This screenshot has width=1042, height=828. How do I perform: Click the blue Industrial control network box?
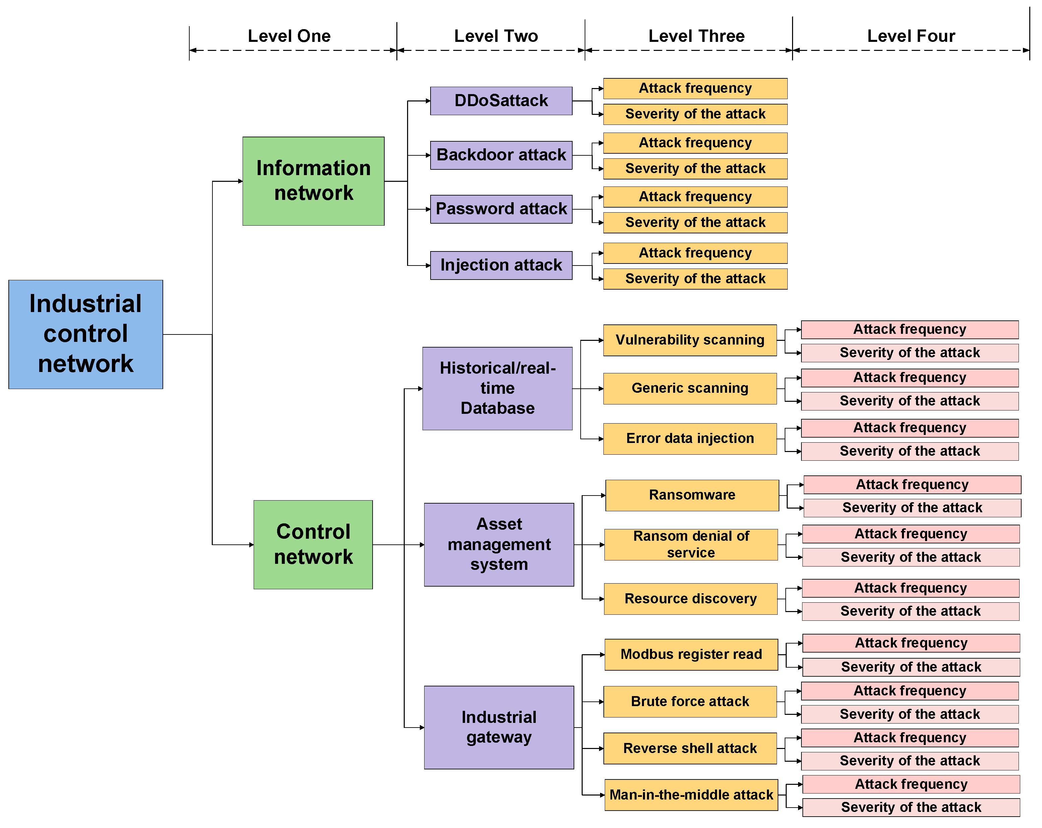(x=85, y=334)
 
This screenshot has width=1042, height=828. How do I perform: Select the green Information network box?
(x=313, y=181)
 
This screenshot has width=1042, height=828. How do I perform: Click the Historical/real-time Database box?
(x=497, y=388)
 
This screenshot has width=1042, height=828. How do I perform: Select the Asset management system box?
(x=499, y=544)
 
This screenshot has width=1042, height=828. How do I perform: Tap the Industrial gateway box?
(x=499, y=727)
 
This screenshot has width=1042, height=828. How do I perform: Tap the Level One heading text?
(x=289, y=36)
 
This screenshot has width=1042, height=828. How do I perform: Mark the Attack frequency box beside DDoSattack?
(x=695, y=88)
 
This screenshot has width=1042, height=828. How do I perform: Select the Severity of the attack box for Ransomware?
(x=912, y=507)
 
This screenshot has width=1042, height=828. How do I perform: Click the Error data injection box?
(x=690, y=438)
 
